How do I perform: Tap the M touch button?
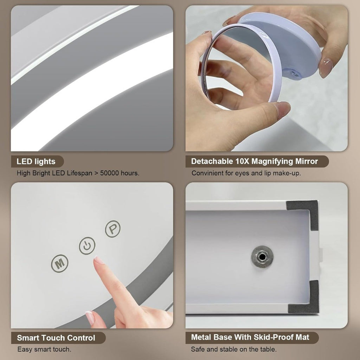tap(59, 263)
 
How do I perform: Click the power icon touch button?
tap(87, 246)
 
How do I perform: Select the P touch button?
tap(113, 229)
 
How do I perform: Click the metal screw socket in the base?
tap(262, 256)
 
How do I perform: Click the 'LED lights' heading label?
tap(36, 161)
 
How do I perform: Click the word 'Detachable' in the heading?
tap(212, 161)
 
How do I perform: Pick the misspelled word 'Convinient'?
tap(208, 173)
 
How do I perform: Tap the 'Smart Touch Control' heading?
tap(56, 338)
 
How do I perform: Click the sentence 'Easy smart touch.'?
tap(44, 349)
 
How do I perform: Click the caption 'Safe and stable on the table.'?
tap(234, 349)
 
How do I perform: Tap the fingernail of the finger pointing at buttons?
tap(98, 260)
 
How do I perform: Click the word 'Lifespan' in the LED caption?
tap(80, 173)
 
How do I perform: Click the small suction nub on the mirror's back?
tap(294, 74)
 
